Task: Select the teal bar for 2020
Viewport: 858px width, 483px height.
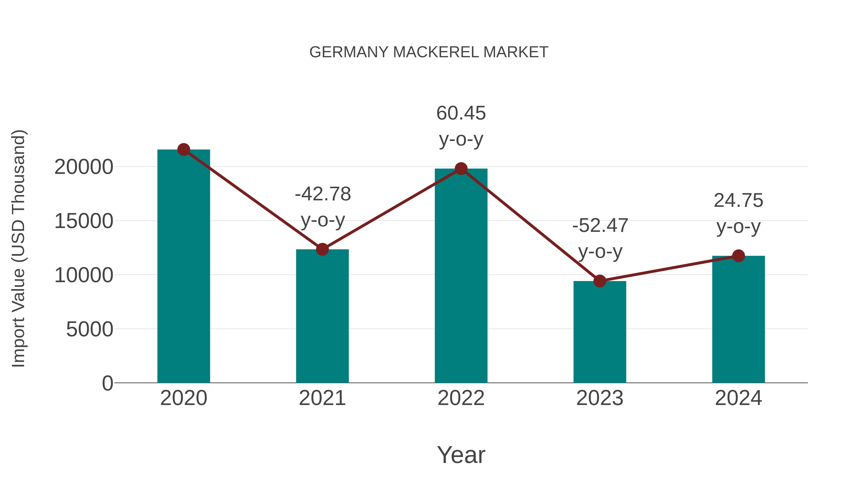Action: [184, 267]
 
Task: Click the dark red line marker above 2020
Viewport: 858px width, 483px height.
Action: [184, 150]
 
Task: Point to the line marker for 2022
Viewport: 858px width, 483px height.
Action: [461, 169]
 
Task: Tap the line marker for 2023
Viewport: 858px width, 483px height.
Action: [600, 281]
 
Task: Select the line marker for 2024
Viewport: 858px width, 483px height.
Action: [738, 256]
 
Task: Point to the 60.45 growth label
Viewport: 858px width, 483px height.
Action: [461, 113]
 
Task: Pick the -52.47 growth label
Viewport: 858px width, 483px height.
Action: [600, 226]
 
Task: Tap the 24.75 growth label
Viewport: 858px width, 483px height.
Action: [738, 201]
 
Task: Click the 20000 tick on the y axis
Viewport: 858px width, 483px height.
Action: [84, 167]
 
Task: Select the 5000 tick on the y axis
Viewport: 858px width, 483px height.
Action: [90, 329]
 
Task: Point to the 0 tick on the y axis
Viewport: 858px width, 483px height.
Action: [107, 383]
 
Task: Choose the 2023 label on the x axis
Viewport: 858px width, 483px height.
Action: [600, 398]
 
